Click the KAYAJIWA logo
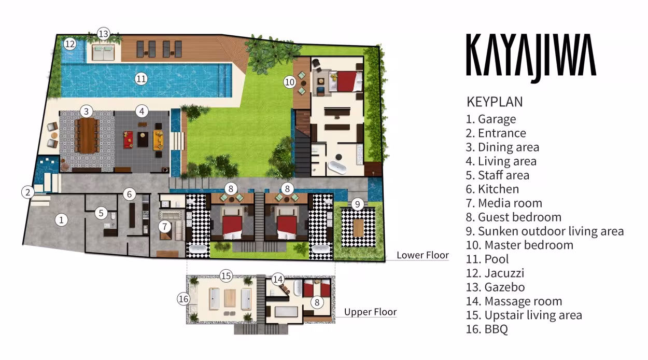point(531,58)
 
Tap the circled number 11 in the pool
point(141,79)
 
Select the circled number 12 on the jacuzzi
point(70,44)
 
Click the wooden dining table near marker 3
point(88,135)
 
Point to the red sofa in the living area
point(128,140)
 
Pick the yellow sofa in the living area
point(158,140)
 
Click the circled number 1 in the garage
point(61,220)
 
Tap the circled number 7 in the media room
point(165,226)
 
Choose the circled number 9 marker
point(358,204)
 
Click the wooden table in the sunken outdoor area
point(358,228)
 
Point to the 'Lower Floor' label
point(422,255)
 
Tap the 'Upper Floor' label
point(370,312)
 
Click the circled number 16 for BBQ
point(184,299)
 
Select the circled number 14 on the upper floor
point(278,279)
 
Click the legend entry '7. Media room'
point(504,203)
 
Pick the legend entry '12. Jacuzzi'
point(495,273)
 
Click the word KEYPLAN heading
point(495,102)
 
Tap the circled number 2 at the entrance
point(28,192)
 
